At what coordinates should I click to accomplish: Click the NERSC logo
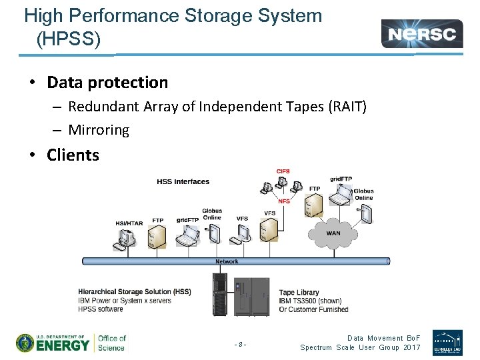tap(422, 33)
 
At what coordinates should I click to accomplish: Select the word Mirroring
tap(99, 130)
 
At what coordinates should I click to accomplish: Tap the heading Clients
tap(73, 155)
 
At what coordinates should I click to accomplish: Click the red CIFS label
tap(283, 171)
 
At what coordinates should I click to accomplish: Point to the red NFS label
tap(284, 202)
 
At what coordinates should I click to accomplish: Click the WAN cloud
tap(333, 233)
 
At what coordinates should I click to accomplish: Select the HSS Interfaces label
tap(183, 181)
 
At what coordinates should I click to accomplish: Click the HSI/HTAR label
tap(129, 223)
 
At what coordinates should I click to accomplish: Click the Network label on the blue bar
tap(227, 261)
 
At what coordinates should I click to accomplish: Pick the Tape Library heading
tap(299, 293)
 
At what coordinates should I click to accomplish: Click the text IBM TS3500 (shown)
tap(310, 301)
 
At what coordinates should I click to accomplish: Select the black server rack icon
tap(219, 295)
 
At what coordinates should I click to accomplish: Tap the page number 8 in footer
tap(241, 345)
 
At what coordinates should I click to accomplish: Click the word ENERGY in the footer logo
tap(63, 345)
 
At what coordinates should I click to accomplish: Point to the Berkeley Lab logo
tap(447, 342)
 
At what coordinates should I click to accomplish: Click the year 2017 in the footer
tap(412, 347)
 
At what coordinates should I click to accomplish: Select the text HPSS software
tap(101, 309)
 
